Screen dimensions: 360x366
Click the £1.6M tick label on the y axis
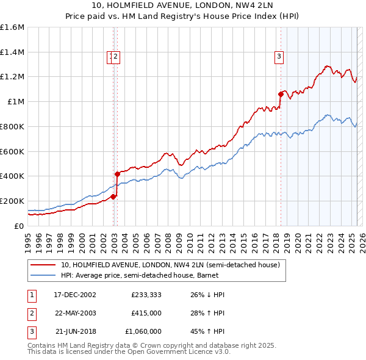[12, 27]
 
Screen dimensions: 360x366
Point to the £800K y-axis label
[12, 126]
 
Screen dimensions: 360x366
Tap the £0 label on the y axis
[20, 226]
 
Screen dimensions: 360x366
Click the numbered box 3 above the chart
[279, 57]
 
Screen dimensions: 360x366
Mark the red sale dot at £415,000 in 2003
[117, 174]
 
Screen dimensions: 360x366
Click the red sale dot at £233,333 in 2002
[113, 196]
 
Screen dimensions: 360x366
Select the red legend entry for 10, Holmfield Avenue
[170, 265]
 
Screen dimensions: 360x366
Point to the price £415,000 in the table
[146, 313]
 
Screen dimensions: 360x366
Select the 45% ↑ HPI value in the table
[207, 331]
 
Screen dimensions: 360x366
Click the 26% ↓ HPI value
[207, 295]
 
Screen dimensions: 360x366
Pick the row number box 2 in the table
[32, 313]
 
